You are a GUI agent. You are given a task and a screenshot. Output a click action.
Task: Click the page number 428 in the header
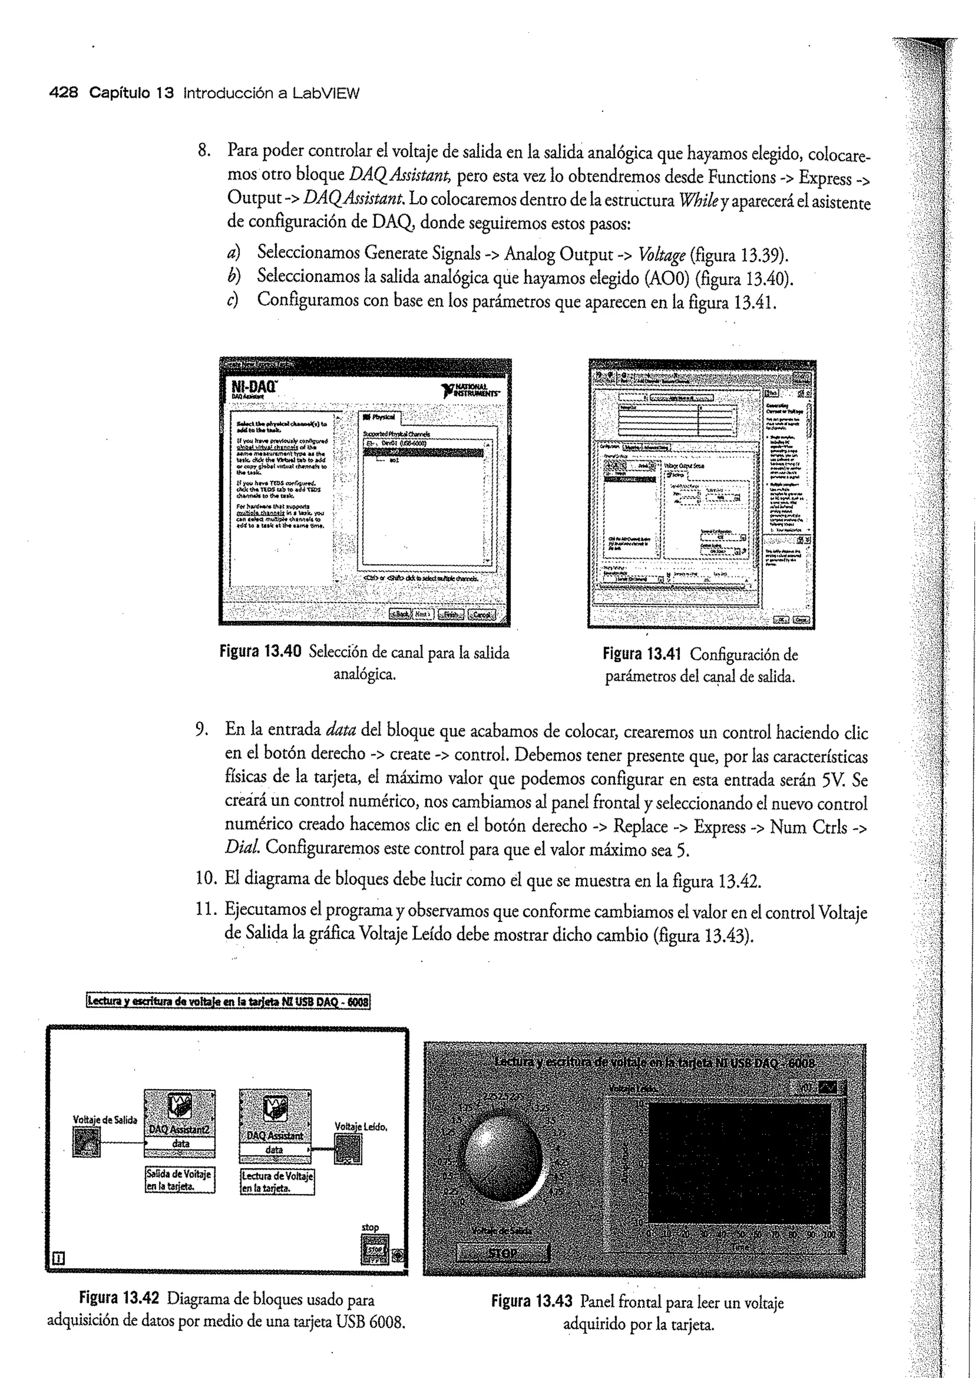click(63, 93)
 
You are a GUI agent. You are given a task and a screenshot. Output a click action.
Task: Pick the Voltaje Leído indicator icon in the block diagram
click(349, 1149)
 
